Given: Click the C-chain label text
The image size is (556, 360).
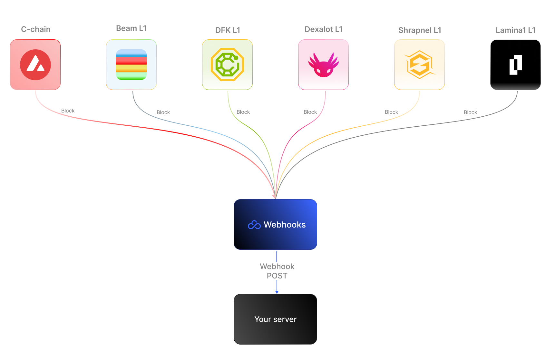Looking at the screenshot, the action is coord(36,29).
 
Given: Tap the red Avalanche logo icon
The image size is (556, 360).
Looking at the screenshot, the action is coord(35,65).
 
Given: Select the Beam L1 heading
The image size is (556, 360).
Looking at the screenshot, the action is coord(131,28).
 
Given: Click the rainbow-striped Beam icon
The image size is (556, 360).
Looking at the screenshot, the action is coord(131,64).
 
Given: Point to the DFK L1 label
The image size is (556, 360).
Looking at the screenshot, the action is coord(228,30).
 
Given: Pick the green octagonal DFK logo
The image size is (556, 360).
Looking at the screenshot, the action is coord(227,64).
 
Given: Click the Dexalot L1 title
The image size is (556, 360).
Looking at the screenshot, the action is coord(323,29).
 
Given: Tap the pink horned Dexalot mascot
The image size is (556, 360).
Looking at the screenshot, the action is coord(324,65).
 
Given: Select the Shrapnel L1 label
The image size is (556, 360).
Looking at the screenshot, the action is coord(420,30).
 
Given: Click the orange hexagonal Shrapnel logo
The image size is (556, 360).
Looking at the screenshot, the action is coord(419,65).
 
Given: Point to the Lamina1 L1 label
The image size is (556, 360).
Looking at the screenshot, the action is coord(515,30).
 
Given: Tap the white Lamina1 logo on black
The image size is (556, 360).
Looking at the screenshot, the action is coord(515,65).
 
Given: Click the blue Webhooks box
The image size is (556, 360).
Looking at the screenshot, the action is coord(275,224).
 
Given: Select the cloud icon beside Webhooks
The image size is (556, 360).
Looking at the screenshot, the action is coord(254,225).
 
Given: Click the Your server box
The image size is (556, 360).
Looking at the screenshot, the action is coord(275,319).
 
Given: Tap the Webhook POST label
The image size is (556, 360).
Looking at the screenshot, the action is coord(277,271).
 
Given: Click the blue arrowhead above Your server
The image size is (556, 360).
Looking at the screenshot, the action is coord(277,292).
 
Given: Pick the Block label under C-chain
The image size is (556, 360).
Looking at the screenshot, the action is coord(68,111).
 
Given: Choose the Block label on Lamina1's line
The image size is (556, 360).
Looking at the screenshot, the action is coord(470,112).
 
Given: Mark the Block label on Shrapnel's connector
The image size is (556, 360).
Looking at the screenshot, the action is coord(391,112).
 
